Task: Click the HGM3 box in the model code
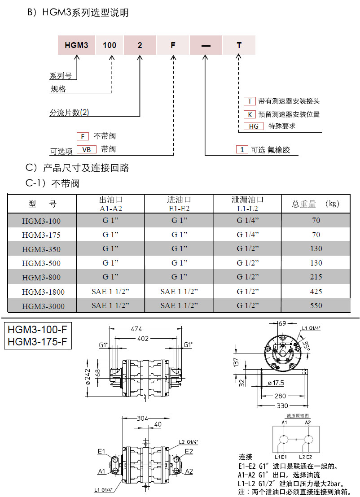[x=76, y=45]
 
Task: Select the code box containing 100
[x=110, y=45]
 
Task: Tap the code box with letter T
[x=239, y=45]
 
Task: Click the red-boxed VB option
[x=87, y=149]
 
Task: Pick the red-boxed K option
[x=249, y=114]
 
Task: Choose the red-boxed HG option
[x=254, y=126]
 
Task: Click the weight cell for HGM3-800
[x=316, y=277]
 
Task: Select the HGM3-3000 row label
[x=43, y=306]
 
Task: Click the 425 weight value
[x=316, y=292]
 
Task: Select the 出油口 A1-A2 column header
[x=110, y=204]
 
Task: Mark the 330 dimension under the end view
[x=282, y=405]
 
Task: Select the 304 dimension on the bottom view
[x=143, y=418]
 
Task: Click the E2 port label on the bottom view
[x=189, y=451]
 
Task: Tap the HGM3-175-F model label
[x=38, y=341]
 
